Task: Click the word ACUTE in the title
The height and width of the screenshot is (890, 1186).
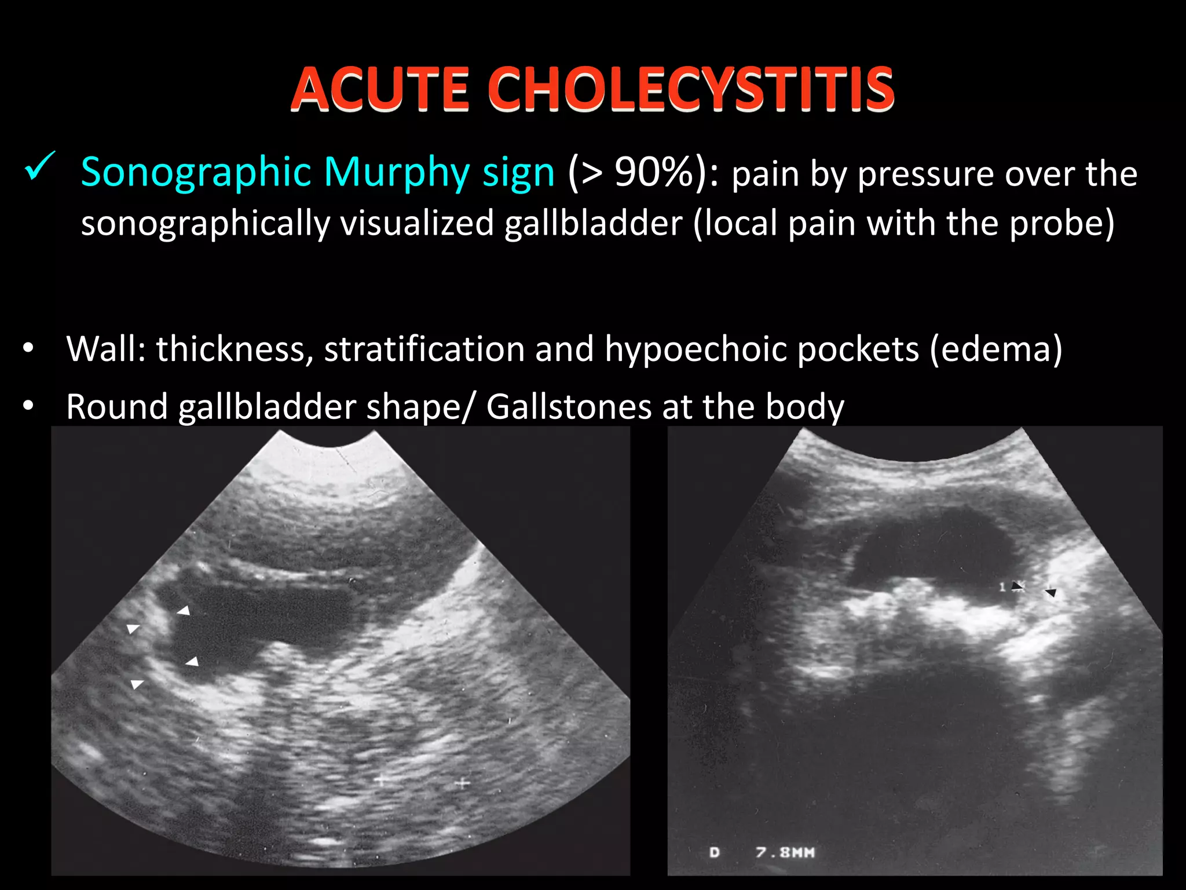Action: click(x=379, y=89)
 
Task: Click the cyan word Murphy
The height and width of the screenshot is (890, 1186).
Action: click(x=397, y=172)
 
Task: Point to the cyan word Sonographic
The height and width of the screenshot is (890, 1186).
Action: click(x=196, y=172)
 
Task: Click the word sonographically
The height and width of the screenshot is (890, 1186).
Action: click(x=205, y=223)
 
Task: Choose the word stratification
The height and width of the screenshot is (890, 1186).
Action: click(x=424, y=349)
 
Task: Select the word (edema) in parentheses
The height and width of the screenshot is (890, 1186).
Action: click(x=996, y=349)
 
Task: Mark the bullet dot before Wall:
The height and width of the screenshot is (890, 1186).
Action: click(x=28, y=349)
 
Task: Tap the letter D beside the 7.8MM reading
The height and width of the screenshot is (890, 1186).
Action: click(x=715, y=852)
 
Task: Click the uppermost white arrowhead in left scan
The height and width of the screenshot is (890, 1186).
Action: click(x=184, y=610)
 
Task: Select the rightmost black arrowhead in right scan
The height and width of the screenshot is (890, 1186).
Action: click(x=1050, y=593)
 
